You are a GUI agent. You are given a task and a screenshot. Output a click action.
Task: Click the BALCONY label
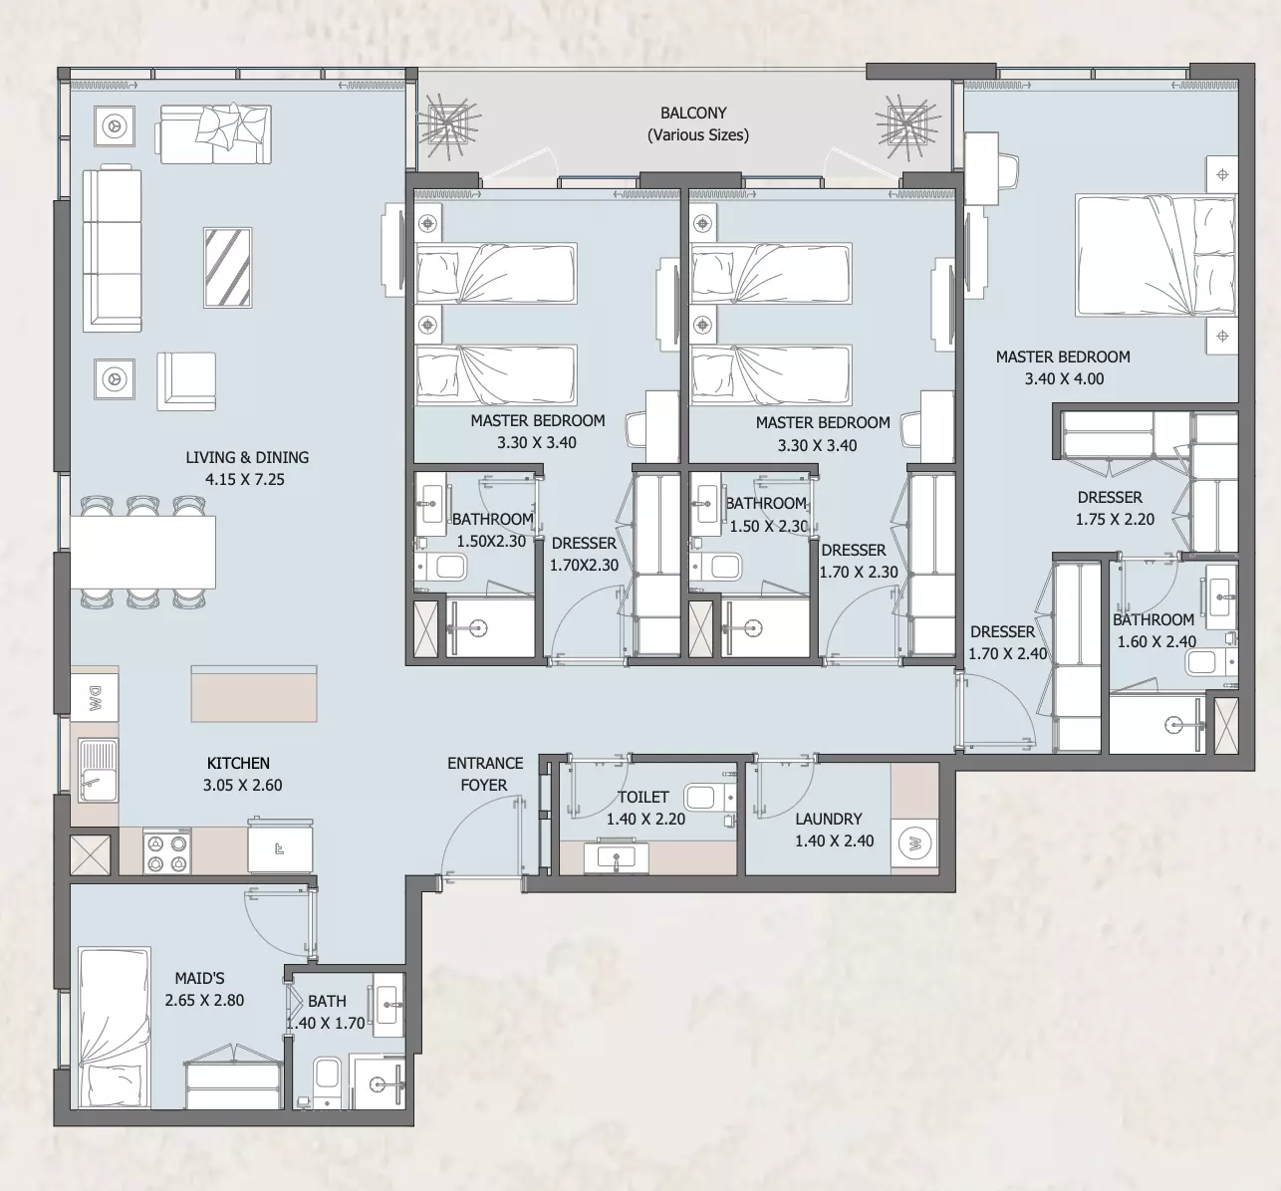pos(693,113)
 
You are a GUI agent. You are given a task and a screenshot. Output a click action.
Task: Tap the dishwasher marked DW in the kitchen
pos(95,698)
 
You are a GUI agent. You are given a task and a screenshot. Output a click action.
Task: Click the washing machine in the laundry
pos(914,842)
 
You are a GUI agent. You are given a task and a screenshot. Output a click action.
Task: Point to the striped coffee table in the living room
pos(228,268)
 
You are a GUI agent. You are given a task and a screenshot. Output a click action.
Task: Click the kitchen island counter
pos(254,694)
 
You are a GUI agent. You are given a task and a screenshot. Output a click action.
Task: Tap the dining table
pos(142,552)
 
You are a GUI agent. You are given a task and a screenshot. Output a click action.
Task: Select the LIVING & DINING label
pos(247,457)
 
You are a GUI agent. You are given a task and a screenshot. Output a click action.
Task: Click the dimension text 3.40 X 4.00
pos(1064,378)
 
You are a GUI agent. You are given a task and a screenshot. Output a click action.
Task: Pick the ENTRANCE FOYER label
pos(485,774)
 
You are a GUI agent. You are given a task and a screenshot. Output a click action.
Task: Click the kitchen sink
pos(98,771)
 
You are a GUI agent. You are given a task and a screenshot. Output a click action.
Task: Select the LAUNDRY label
pos(828,819)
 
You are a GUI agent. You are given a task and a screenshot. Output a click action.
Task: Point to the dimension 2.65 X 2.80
pos(204,1000)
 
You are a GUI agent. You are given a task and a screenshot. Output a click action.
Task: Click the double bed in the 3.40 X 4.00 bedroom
pos(1155,256)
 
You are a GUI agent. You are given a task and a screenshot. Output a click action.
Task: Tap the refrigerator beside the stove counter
pos(280,846)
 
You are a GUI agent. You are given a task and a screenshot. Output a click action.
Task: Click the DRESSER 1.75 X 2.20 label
pos(1114,508)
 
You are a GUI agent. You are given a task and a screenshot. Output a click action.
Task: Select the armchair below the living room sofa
pos(186,381)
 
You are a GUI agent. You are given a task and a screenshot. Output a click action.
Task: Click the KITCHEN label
pos(238,763)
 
